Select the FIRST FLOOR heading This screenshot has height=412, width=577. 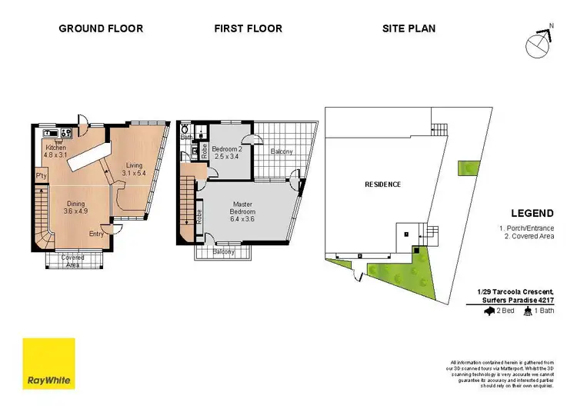(248, 28)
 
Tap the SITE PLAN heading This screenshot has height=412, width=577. (409, 28)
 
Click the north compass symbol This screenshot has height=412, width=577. (539, 43)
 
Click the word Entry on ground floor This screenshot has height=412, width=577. (97, 234)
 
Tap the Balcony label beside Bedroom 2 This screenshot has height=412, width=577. (282, 151)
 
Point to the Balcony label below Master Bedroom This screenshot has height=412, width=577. (223, 251)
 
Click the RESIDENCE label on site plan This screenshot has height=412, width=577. (382, 184)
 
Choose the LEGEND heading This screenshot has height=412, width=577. (532, 213)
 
